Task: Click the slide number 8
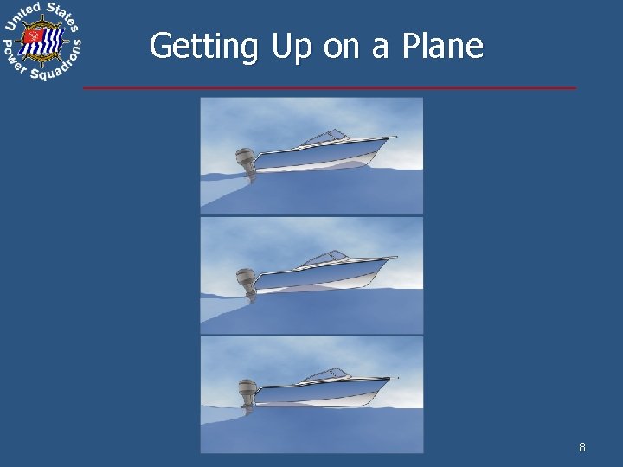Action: pyautogui.click(x=582, y=447)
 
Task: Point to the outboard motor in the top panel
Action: pyautogui.click(x=245, y=163)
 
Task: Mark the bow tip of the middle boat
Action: pyautogui.click(x=395, y=257)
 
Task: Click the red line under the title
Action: pyautogui.click(x=329, y=88)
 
